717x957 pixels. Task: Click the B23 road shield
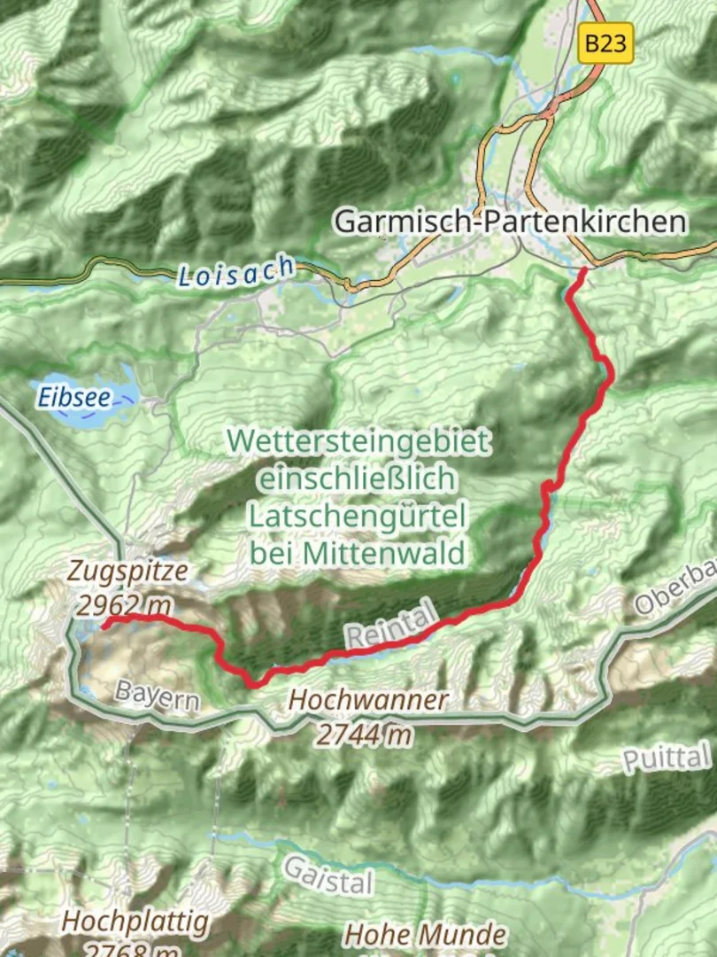(606, 43)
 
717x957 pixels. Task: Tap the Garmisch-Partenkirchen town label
(510, 222)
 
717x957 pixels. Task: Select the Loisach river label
(235, 271)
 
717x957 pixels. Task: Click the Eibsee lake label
(74, 398)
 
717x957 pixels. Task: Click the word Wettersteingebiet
(358, 440)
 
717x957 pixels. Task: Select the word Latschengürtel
(357, 516)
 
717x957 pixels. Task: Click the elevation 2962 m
(123, 605)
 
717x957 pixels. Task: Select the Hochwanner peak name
(368, 700)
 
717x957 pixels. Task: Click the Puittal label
(667, 758)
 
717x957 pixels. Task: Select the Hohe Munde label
(425, 935)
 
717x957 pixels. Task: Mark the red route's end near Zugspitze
(104, 624)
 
